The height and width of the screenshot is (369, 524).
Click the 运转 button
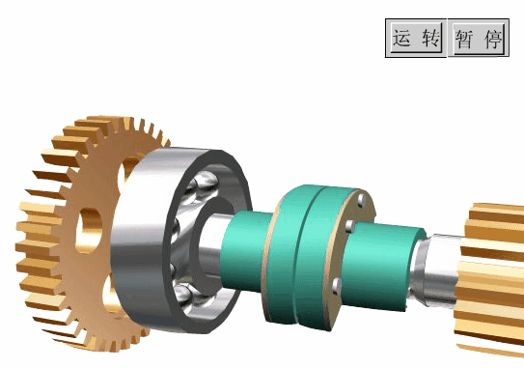(x=416, y=38)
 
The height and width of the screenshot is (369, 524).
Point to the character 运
(x=401, y=38)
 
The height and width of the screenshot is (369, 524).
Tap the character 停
(x=493, y=40)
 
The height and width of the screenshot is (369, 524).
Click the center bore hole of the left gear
(x=89, y=231)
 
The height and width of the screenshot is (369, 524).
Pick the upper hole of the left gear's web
(x=127, y=171)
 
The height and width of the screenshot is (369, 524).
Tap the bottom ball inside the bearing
(x=183, y=295)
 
